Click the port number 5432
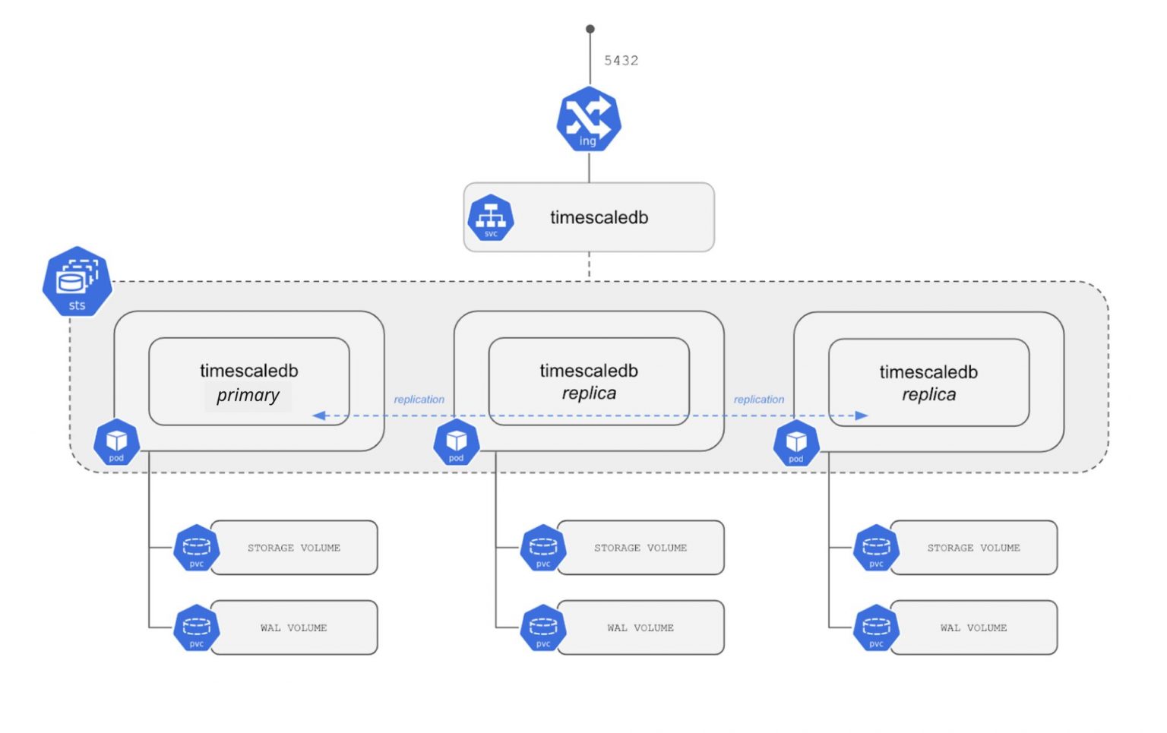[621, 61]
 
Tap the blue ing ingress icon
[589, 120]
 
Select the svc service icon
[491, 218]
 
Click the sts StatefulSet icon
[77, 281]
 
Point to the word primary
[248, 396]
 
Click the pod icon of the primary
[116, 442]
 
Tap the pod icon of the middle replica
[456, 442]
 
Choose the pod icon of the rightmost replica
[795, 443]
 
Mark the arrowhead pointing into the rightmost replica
[861, 415]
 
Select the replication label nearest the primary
[419, 400]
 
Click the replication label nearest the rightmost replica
[758, 400]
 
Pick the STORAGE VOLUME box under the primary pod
[294, 548]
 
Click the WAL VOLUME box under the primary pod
[294, 628]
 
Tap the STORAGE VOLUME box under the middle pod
[640, 548]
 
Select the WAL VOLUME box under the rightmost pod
[973, 628]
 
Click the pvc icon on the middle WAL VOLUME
[543, 628]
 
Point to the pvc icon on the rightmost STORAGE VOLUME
[876, 548]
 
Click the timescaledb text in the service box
[599, 218]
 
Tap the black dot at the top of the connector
[590, 29]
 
